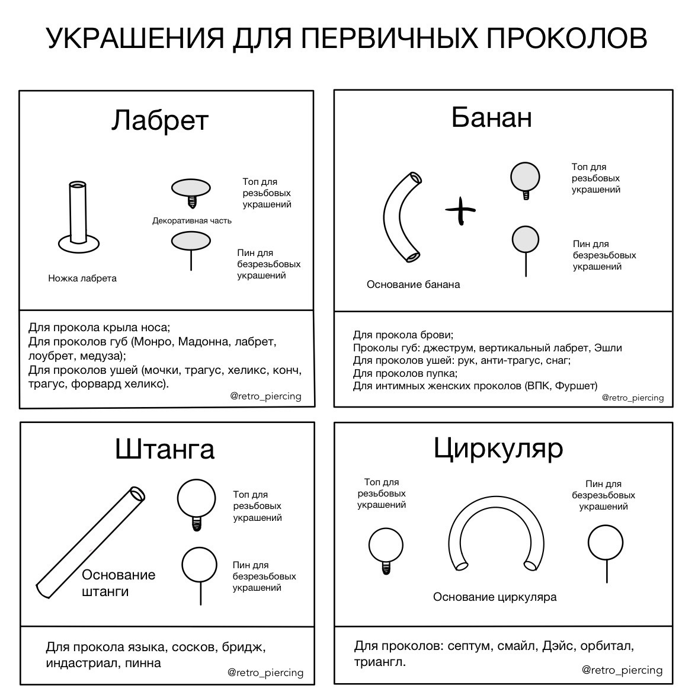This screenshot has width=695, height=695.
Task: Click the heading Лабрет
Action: tap(160, 120)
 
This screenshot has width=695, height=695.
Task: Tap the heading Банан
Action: tap(491, 117)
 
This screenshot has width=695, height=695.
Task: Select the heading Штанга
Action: tap(164, 449)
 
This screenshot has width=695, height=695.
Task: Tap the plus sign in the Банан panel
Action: tap(460, 210)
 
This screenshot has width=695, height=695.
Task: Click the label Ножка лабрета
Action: tap(82, 278)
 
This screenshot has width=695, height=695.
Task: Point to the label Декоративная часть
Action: tap(192, 221)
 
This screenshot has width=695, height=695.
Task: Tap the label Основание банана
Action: tap(413, 284)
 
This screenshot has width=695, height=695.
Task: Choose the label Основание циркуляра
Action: tap(495, 597)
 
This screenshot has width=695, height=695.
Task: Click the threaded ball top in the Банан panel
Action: tap(526, 177)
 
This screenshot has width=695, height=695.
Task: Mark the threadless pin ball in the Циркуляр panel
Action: tap(606, 543)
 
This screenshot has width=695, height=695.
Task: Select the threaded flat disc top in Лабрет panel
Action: tap(191, 189)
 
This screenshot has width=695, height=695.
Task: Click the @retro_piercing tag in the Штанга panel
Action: tap(265, 672)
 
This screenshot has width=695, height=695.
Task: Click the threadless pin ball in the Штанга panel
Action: tap(200, 565)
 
